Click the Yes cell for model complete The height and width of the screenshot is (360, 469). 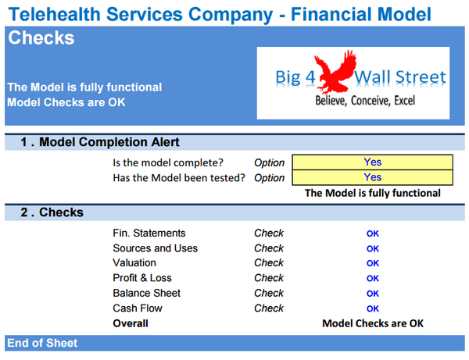click(372, 162)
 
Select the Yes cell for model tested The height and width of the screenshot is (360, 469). click(372, 177)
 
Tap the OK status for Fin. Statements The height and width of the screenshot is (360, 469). click(373, 233)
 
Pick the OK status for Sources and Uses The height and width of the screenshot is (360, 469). click(373, 249)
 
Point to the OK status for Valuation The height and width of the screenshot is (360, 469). click(373, 264)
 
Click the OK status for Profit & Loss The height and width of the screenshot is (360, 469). click(373, 279)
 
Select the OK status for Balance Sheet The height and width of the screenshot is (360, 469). click(373, 294)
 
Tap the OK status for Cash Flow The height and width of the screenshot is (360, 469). click(373, 308)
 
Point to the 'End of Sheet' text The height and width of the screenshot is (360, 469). click(42, 343)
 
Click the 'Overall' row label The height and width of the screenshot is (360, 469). click(131, 323)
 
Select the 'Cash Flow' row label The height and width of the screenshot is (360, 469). click(136, 308)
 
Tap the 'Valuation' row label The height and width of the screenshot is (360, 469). click(134, 263)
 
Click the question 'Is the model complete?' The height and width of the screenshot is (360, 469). click(180, 162)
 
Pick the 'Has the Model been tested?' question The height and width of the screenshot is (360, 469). click(180, 177)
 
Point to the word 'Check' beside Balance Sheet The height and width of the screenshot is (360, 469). click(269, 293)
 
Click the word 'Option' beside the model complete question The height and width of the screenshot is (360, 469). click(270, 162)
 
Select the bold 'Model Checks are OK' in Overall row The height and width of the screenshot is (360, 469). click(373, 323)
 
